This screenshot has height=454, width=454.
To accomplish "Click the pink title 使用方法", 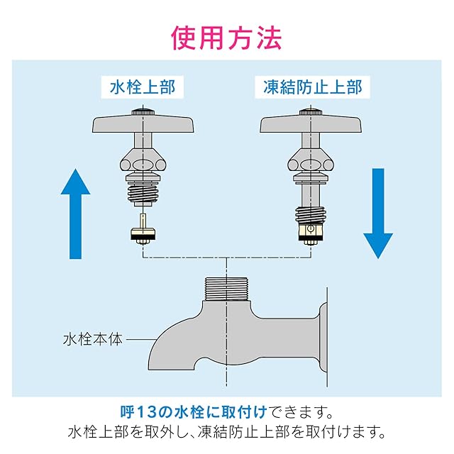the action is [226, 37].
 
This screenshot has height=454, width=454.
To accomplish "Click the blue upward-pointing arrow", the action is [75, 213].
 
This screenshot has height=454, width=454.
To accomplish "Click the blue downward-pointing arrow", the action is [378, 213].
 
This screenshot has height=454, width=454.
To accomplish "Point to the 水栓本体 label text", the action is [93, 338].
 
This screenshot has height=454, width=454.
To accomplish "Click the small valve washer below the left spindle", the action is [143, 233].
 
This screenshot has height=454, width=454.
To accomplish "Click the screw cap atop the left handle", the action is [142, 111].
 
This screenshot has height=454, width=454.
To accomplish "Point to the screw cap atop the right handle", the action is [309, 111].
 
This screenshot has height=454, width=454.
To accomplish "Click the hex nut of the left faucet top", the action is [143, 162].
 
